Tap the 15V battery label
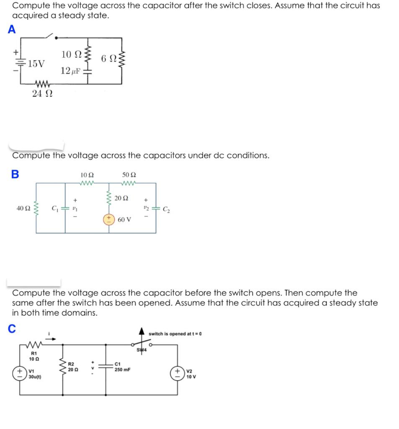click(36, 64)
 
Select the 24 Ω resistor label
click(42, 94)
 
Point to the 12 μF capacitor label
click(70, 71)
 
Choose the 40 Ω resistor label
click(23, 208)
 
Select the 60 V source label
click(124, 219)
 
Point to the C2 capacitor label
click(166, 209)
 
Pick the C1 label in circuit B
click(54, 208)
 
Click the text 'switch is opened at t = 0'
click(175, 334)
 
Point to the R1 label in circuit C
click(33, 354)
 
